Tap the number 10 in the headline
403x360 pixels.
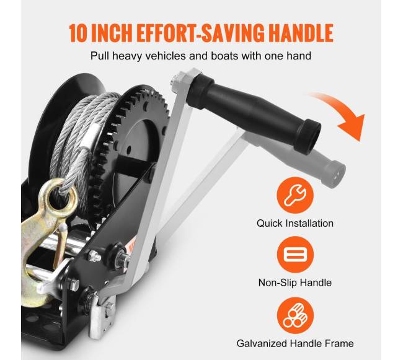(78, 33)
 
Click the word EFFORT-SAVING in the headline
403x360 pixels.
(200, 33)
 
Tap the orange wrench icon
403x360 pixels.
(294, 195)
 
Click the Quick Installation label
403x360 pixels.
(294, 223)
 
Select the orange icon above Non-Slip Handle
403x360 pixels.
(295, 255)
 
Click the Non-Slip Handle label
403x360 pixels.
(294, 283)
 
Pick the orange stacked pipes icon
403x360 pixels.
(295, 315)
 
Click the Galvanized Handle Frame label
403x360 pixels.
(294, 343)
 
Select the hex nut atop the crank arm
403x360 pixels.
(178, 79)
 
